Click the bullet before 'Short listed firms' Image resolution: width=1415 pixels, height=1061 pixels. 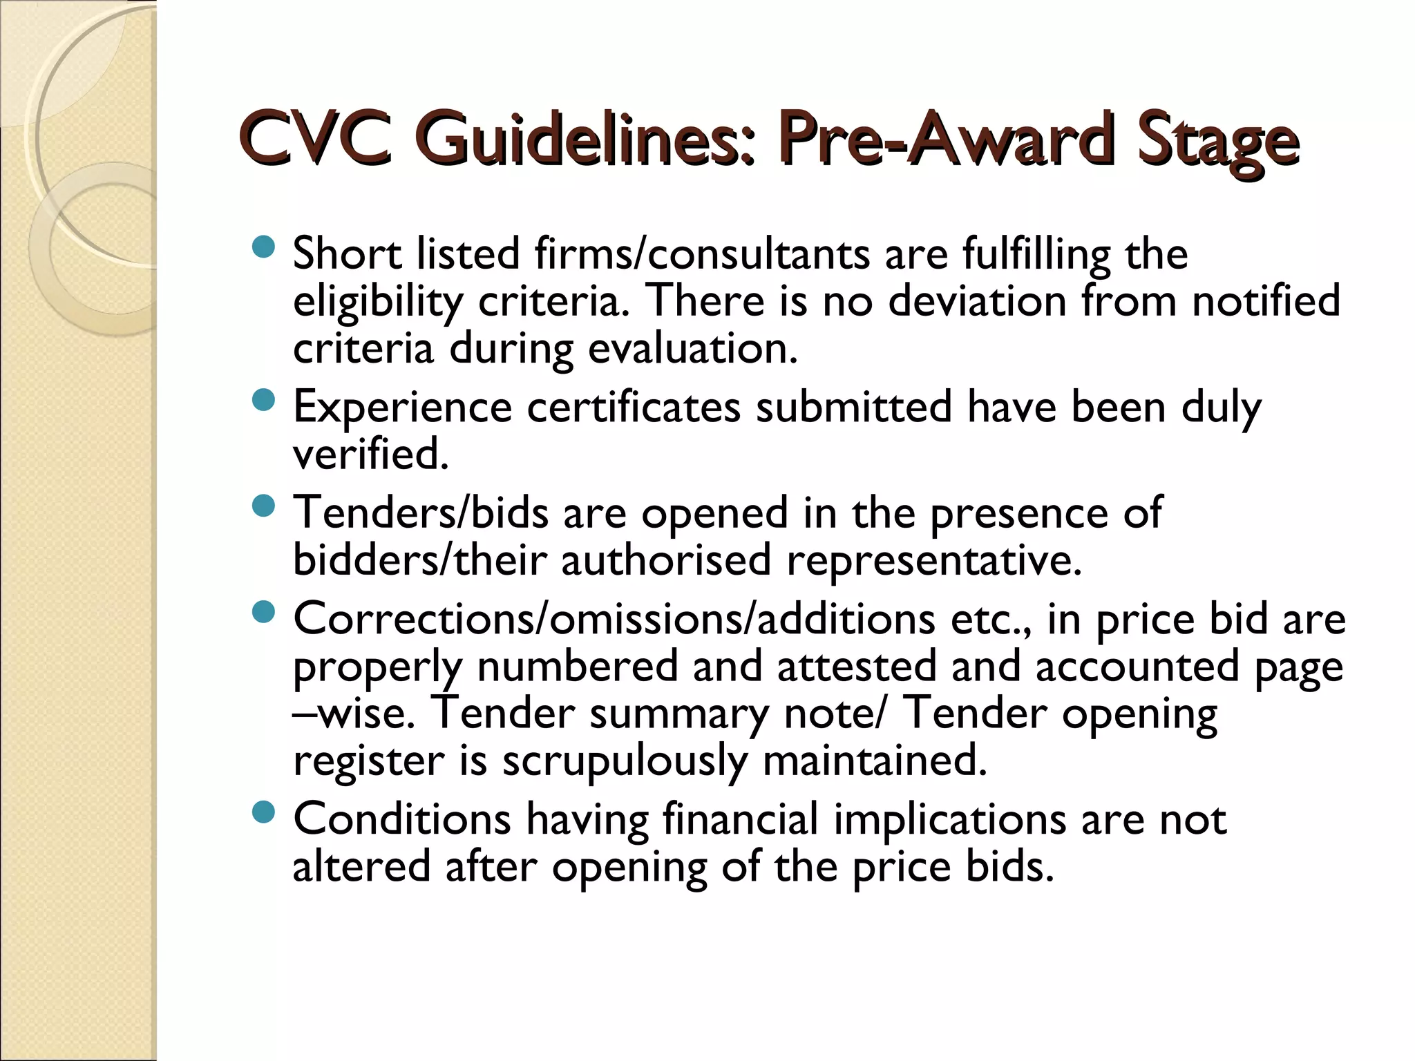(264, 247)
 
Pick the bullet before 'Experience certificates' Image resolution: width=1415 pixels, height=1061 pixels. (264, 401)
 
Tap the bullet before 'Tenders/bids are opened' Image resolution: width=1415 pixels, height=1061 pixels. (264, 507)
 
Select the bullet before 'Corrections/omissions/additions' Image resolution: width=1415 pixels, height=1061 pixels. (264, 613)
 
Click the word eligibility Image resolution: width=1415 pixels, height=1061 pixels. (377, 303)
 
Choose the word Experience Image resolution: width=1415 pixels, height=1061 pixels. (402, 408)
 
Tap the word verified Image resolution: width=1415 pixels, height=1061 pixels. (370, 455)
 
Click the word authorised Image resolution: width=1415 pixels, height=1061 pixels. (665, 560)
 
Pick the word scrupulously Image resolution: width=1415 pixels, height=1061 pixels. (625, 761)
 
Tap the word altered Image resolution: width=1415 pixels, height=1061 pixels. (361, 866)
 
